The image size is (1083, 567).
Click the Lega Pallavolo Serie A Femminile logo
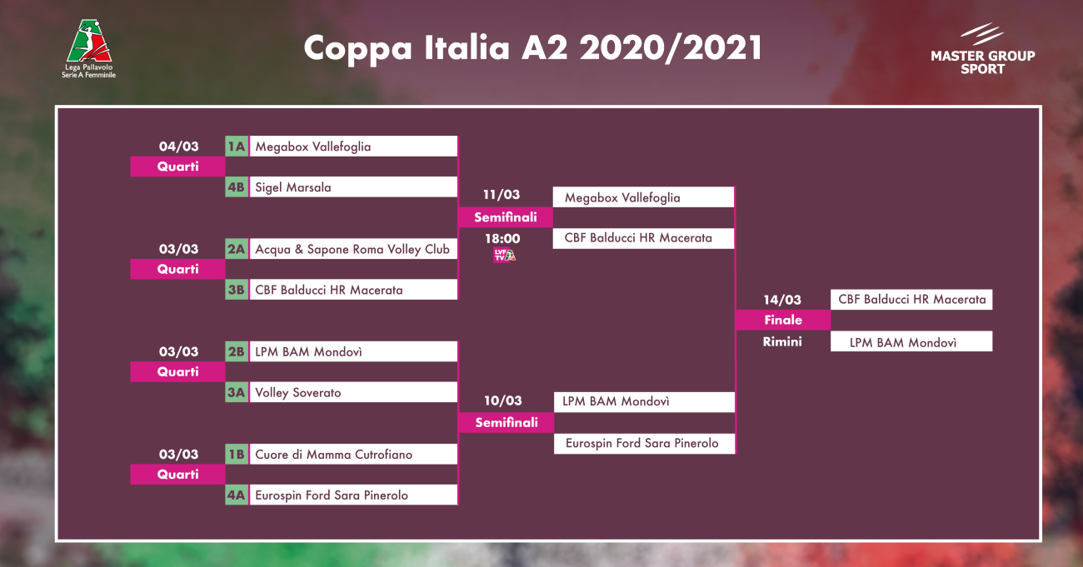point(89,48)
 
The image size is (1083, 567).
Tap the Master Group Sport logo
point(982,49)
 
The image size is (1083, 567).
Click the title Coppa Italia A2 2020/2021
point(533,47)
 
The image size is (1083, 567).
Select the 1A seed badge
point(237,146)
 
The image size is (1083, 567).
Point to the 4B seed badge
point(237,187)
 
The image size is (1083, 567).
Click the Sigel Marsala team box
point(353,187)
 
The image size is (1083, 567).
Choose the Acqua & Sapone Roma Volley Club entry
point(353,249)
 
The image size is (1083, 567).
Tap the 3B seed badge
point(237,290)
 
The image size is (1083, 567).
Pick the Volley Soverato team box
point(353,392)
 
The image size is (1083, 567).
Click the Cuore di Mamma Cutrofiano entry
point(353,454)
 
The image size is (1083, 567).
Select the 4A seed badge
point(237,495)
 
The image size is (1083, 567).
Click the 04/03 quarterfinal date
point(179,147)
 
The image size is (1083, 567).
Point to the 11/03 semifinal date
point(502,194)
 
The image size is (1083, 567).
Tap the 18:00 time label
point(503,238)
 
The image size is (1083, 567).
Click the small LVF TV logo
point(504,255)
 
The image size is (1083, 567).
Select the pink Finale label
point(783,320)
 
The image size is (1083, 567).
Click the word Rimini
point(782,341)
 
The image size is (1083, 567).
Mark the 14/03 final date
point(782,300)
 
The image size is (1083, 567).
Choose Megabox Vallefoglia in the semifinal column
point(643,197)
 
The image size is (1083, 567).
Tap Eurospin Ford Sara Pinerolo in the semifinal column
point(645,443)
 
